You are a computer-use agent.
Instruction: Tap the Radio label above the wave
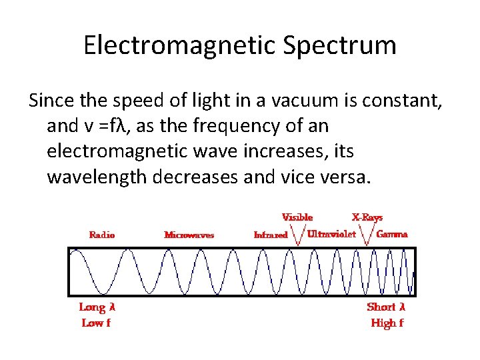click(x=102, y=235)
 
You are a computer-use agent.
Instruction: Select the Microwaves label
click(x=189, y=235)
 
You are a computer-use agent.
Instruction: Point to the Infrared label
click(x=271, y=235)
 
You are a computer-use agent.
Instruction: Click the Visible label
click(x=297, y=217)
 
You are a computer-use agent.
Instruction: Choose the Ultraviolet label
click(x=331, y=235)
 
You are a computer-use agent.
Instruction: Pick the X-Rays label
click(x=367, y=217)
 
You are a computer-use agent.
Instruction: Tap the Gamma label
click(x=392, y=235)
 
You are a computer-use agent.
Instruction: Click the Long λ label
click(x=97, y=307)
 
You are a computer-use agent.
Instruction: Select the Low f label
click(x=96, y=323)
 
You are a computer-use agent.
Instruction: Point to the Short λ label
click(x=386, y=307)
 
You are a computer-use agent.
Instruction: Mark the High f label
click(x=387, y=323)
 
